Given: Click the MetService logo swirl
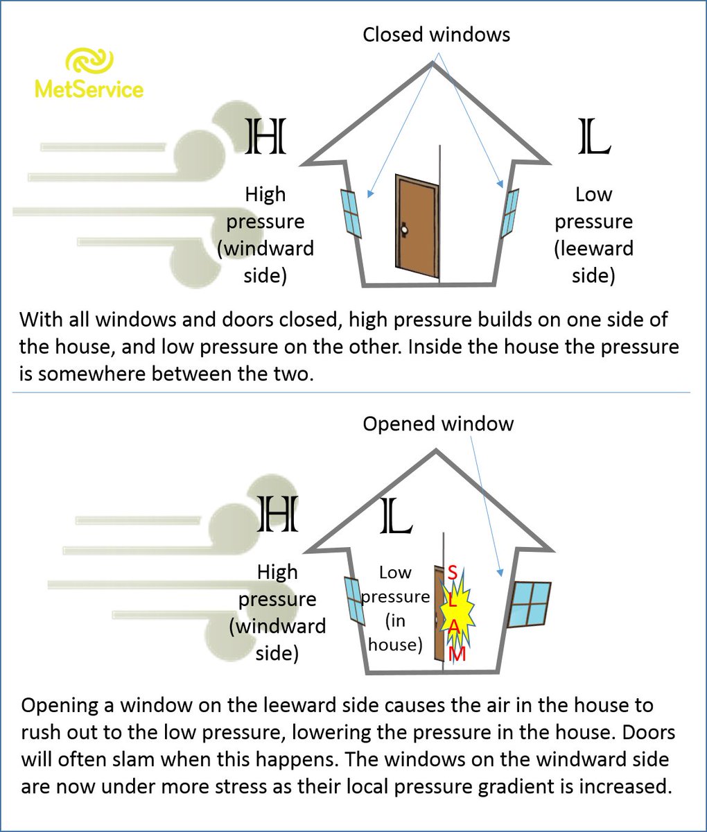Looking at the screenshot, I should pyautogui.click(x=88, y=61).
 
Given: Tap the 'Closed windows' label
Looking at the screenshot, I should pyautogui.click(x=436, y=35).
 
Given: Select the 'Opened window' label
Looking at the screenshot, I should pyautogui.click(x=438, y=424).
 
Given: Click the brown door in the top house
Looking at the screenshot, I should pyautogui.click(x=416, y=227).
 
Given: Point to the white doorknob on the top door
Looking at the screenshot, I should pyautogui.click(x=403, y=229).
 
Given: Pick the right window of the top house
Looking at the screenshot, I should pyautogui.click(x=511, y=211).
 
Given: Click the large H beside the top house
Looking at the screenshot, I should pyautogui.click(x=266, y=137).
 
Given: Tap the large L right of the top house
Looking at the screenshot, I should pyautogui.click(x=594, y=137).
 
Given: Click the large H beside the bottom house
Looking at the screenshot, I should pyautogui.click(x=278, y=514).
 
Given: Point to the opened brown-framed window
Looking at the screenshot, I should pyautogui.click(x=530, y=604).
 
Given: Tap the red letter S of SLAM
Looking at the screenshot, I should pyautogui.click(x=452, y=573).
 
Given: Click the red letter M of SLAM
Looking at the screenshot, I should pyautogui.click(x=457, y=654).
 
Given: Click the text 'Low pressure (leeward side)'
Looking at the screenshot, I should pyautogui.click(x=594, y=234).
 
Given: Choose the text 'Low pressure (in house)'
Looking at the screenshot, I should pyautogui.click(x=395, y=608).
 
